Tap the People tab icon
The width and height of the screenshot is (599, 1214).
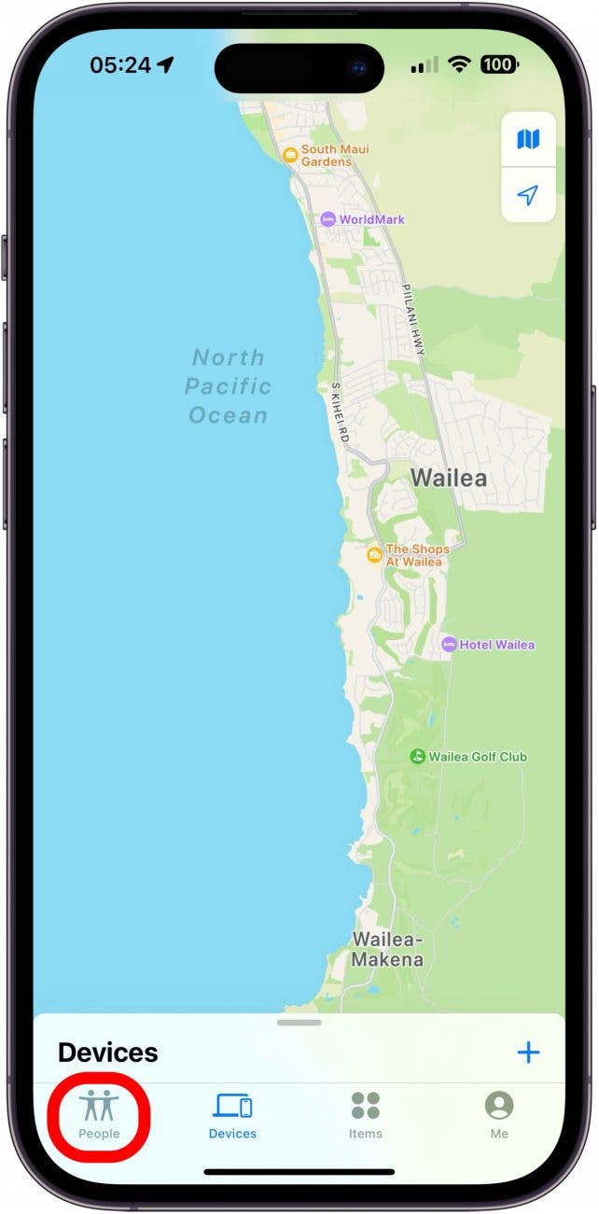point(99,1107)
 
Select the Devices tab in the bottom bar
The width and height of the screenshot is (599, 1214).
point(232,1107)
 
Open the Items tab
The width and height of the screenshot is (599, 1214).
point(366,1107)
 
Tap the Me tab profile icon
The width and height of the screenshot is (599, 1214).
point(499,1107)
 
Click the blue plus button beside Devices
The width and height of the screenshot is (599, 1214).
point(528,1053)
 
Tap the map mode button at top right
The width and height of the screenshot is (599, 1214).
point(528,140)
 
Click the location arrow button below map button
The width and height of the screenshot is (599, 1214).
point(528,195)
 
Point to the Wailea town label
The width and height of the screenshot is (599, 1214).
point(449,478)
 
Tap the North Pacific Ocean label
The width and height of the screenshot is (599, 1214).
point(228,386)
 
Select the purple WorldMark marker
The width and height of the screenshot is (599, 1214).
point(327,219)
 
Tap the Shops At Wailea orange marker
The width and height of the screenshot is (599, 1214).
point(374,555)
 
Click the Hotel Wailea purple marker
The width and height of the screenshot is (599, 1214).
point(449,645)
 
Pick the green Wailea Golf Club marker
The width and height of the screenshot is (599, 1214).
point(418,757)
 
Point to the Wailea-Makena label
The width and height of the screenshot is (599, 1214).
point(387,949)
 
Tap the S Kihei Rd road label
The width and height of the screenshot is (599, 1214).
point(340,411)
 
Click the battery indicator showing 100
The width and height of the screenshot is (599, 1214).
point(497,64)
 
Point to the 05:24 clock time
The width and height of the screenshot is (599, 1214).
point(120,64)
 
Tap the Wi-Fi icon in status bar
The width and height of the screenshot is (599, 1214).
point(458,64)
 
